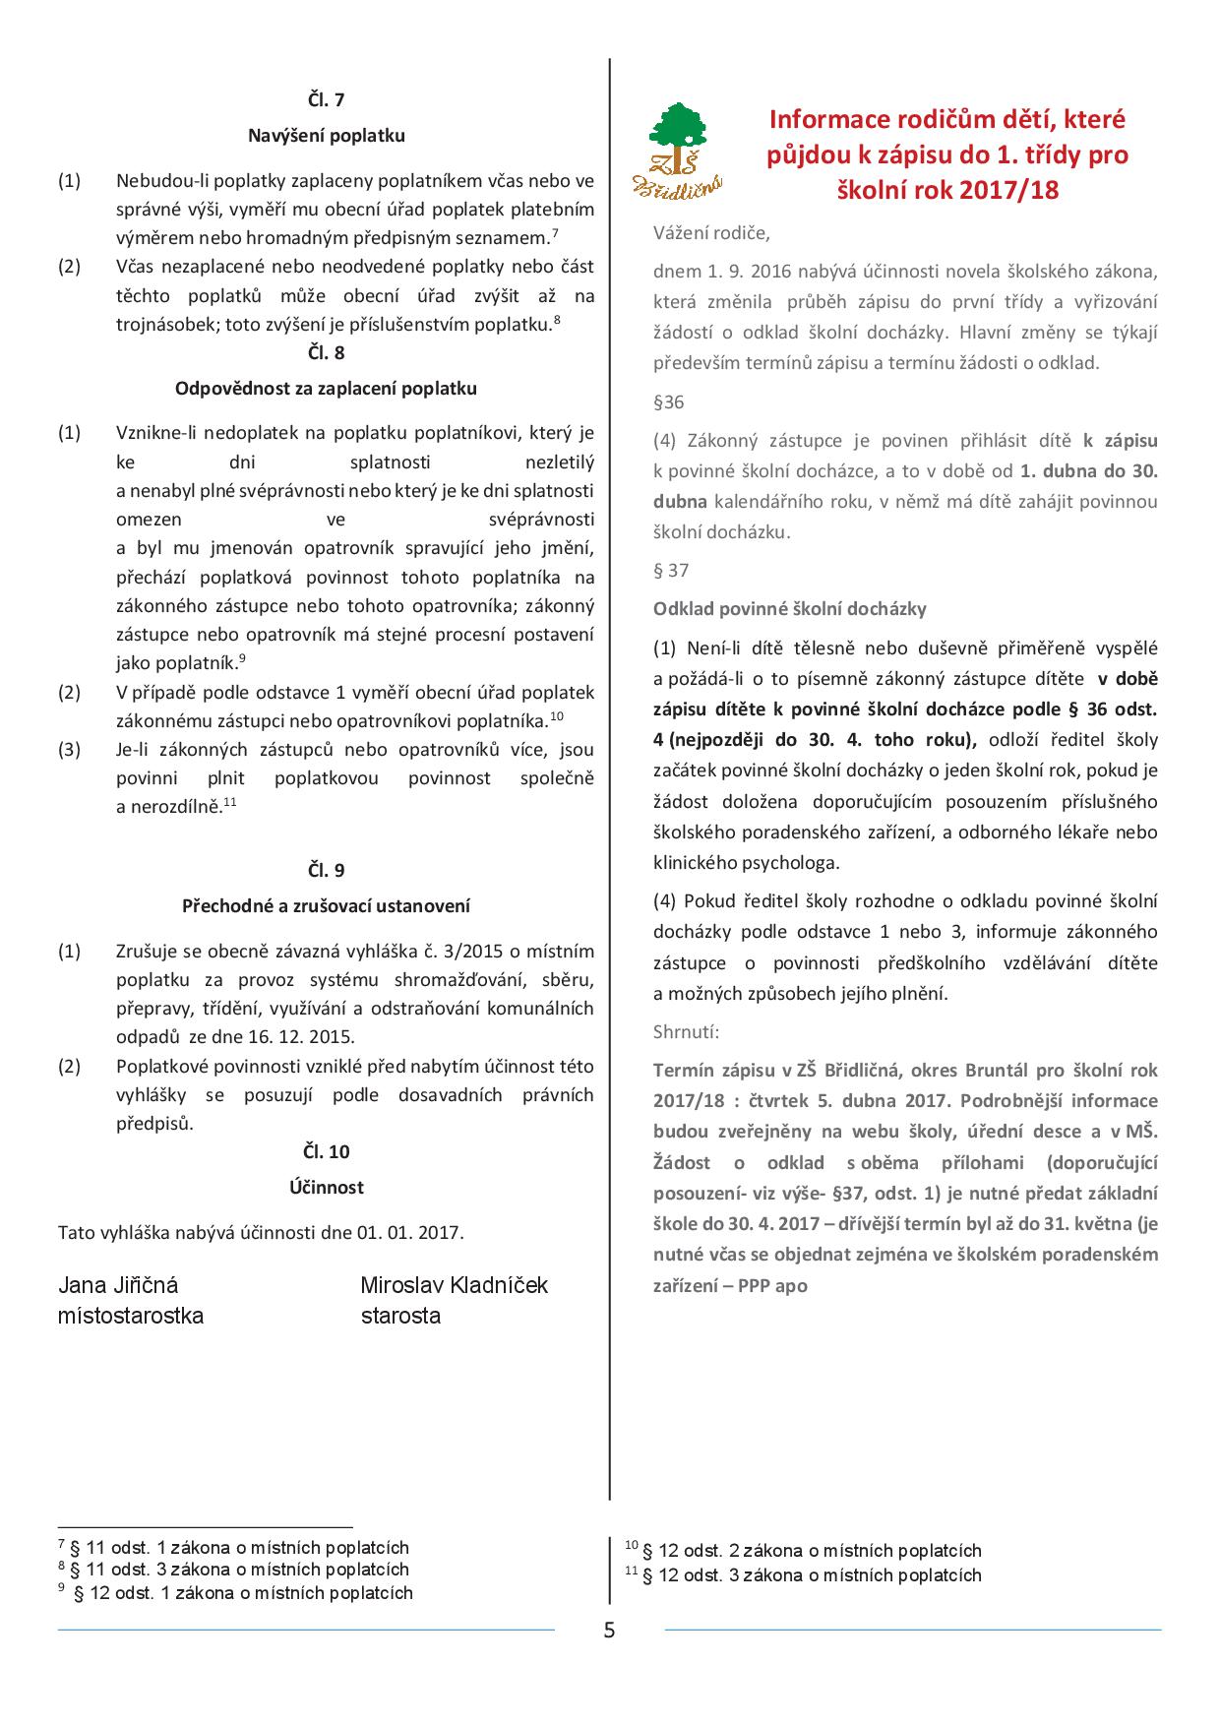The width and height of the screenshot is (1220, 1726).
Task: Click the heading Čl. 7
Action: click(x=326, y=99)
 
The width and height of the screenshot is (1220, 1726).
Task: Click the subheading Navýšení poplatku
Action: click(x=326, y=136)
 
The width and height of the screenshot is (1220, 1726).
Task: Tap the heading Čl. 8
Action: click(x=326, y=352)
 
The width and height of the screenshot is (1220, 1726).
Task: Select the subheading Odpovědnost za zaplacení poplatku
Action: click(x=326, y=389)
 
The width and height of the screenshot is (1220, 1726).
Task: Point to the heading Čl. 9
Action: click(x=326, y=870)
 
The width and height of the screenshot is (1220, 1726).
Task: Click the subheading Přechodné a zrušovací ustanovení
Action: click(x=326, y=905)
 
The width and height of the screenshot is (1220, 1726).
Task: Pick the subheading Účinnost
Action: click(x=326, y=1188)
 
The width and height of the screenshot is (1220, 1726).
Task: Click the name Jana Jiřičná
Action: click(x=118, y=1285)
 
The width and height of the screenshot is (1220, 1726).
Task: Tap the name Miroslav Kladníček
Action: click(x=454, y=1285)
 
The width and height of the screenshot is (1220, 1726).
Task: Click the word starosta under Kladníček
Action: click(x=400, y=1316)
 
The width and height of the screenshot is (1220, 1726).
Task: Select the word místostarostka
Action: click(x=131, y=1316)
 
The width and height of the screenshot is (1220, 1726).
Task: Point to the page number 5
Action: click(x=609, y=1631)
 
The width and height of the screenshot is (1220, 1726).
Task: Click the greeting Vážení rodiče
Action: click(x=711, y=233)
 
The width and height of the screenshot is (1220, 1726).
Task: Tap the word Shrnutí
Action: click(x=686, y=1032)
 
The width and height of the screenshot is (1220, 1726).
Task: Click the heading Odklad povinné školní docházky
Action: click(x=790, y=609)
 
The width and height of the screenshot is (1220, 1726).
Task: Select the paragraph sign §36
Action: click(x=668, y=401)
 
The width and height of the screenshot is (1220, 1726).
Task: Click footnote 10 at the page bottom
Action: click(x=804, y=1551)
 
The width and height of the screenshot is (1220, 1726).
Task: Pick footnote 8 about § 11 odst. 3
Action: click(x=233, y=1570)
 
